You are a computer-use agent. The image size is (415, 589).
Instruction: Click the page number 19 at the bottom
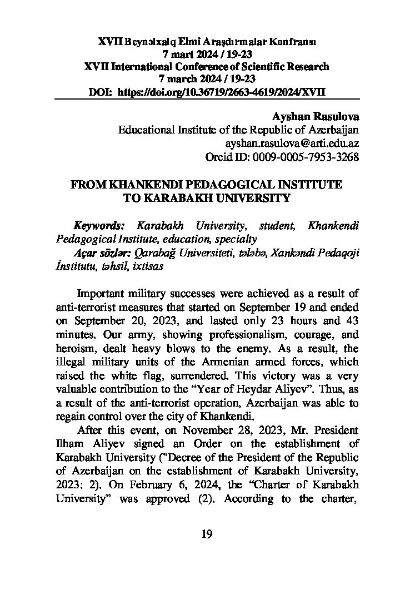[207, 535]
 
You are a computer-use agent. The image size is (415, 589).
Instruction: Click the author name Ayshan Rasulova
[316, 117]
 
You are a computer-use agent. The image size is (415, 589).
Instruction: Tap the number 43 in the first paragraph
[349, 321]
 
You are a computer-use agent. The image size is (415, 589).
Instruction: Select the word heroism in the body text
[74, 348]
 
